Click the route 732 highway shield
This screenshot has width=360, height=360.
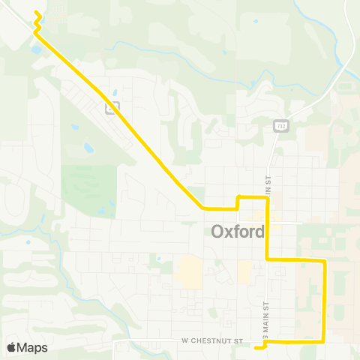click(x=278, y=124)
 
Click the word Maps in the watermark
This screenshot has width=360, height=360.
click(x=32, y=347)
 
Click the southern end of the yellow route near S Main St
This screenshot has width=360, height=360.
click(x=257, y=346)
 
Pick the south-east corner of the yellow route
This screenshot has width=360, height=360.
click(x=324, y=341)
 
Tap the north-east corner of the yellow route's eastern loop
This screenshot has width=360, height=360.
click(x=324, y=260)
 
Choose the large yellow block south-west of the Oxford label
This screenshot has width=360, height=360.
click(x=188, y=272)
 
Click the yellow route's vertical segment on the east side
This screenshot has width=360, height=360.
click(x=324, y=300)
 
